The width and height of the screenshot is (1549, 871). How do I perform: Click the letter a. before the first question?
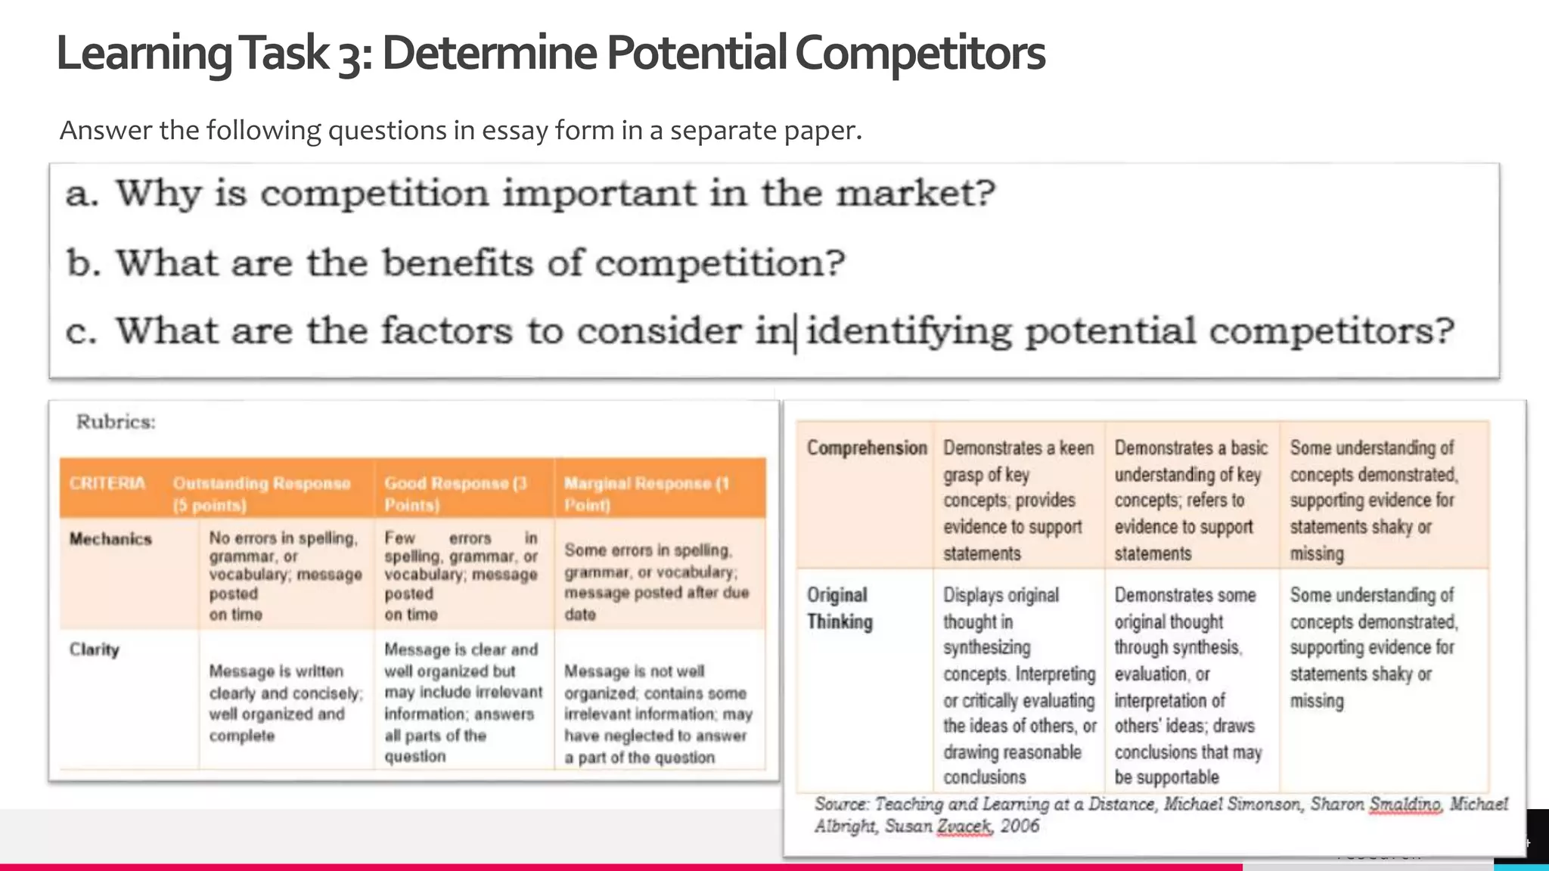point(82,194)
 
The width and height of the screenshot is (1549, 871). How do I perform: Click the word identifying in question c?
point(908,331)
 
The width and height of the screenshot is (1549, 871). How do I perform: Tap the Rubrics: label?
point(116,422)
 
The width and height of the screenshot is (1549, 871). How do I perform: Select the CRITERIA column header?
point(107,484)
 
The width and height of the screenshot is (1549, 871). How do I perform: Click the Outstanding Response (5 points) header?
point(261,494)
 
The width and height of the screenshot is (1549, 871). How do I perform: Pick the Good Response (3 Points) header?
point(455,494)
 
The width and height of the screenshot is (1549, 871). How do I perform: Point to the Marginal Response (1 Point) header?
point(647,494)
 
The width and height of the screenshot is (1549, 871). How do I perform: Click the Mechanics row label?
point(110,539)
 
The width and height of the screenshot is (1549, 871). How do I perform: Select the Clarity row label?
point(95,649)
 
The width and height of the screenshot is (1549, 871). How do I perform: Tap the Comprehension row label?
point(867,448)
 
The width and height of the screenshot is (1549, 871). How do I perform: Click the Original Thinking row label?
point(839,608)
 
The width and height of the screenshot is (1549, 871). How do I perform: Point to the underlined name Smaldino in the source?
point(1405,804)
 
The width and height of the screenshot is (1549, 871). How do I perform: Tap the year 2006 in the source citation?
point(1020,826)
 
